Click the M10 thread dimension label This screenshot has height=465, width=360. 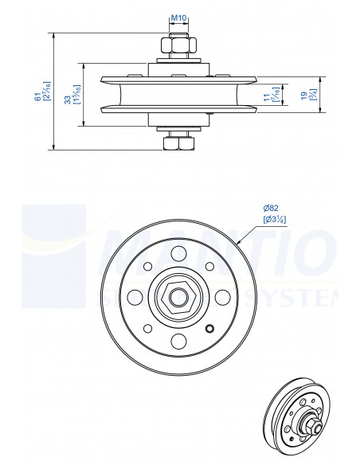(x=180, y=18)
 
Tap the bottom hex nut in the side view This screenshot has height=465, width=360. (x=178, y=143)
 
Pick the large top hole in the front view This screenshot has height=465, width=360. (x=178, y=254)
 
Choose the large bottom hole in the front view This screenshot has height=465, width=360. (x=178, y=342)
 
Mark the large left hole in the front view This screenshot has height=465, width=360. (x=135, y=298)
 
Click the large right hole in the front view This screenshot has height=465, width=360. (x=222, y=298)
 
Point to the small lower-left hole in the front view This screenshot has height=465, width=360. (x=147, y=328)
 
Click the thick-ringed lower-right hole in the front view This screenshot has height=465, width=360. (x=209, y=329)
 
